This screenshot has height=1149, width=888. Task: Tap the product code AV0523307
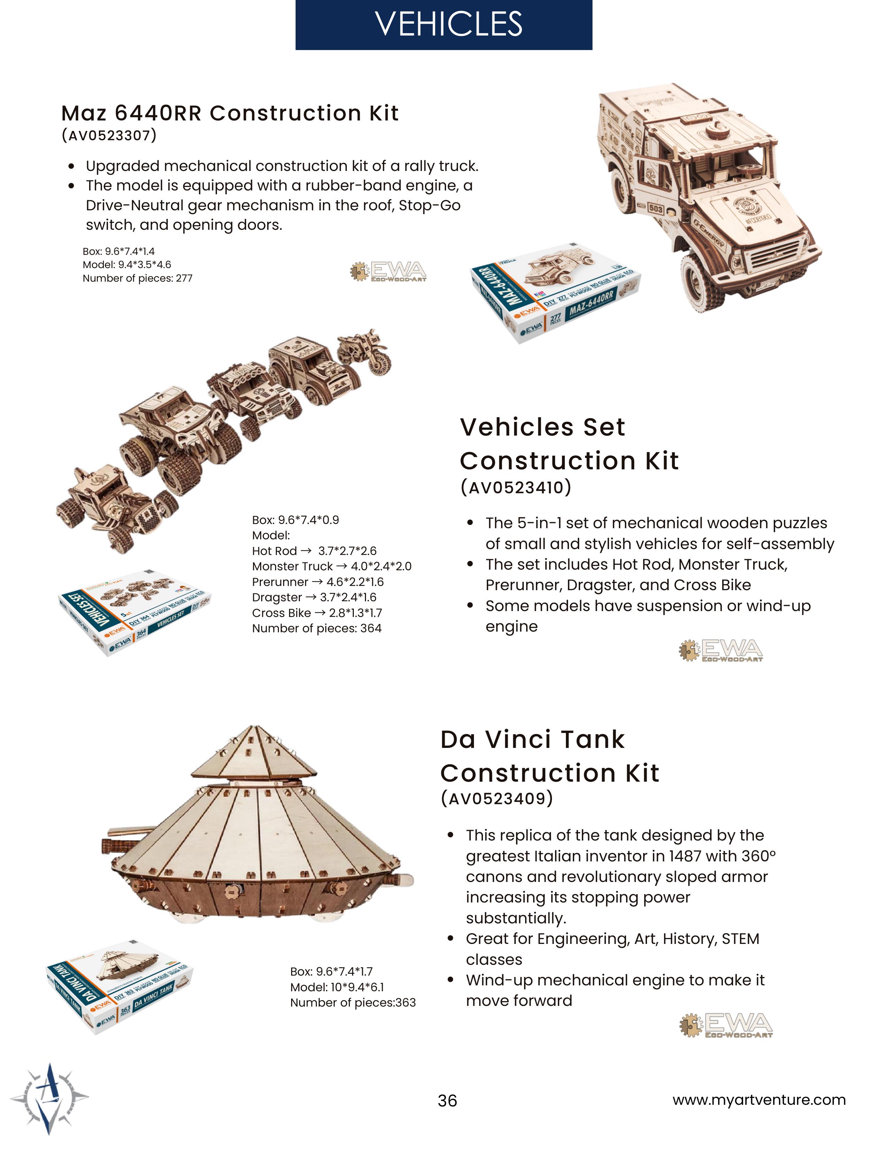[109, 136]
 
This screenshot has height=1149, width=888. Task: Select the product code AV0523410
[515, 488]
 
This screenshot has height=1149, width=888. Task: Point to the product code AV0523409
[497, 799]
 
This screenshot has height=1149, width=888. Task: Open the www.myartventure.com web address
[758, 1100]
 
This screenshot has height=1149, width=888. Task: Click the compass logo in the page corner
[50, 1097]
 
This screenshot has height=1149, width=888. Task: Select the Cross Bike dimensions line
[317, 613]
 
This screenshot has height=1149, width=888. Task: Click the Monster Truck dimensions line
[332, 566]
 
